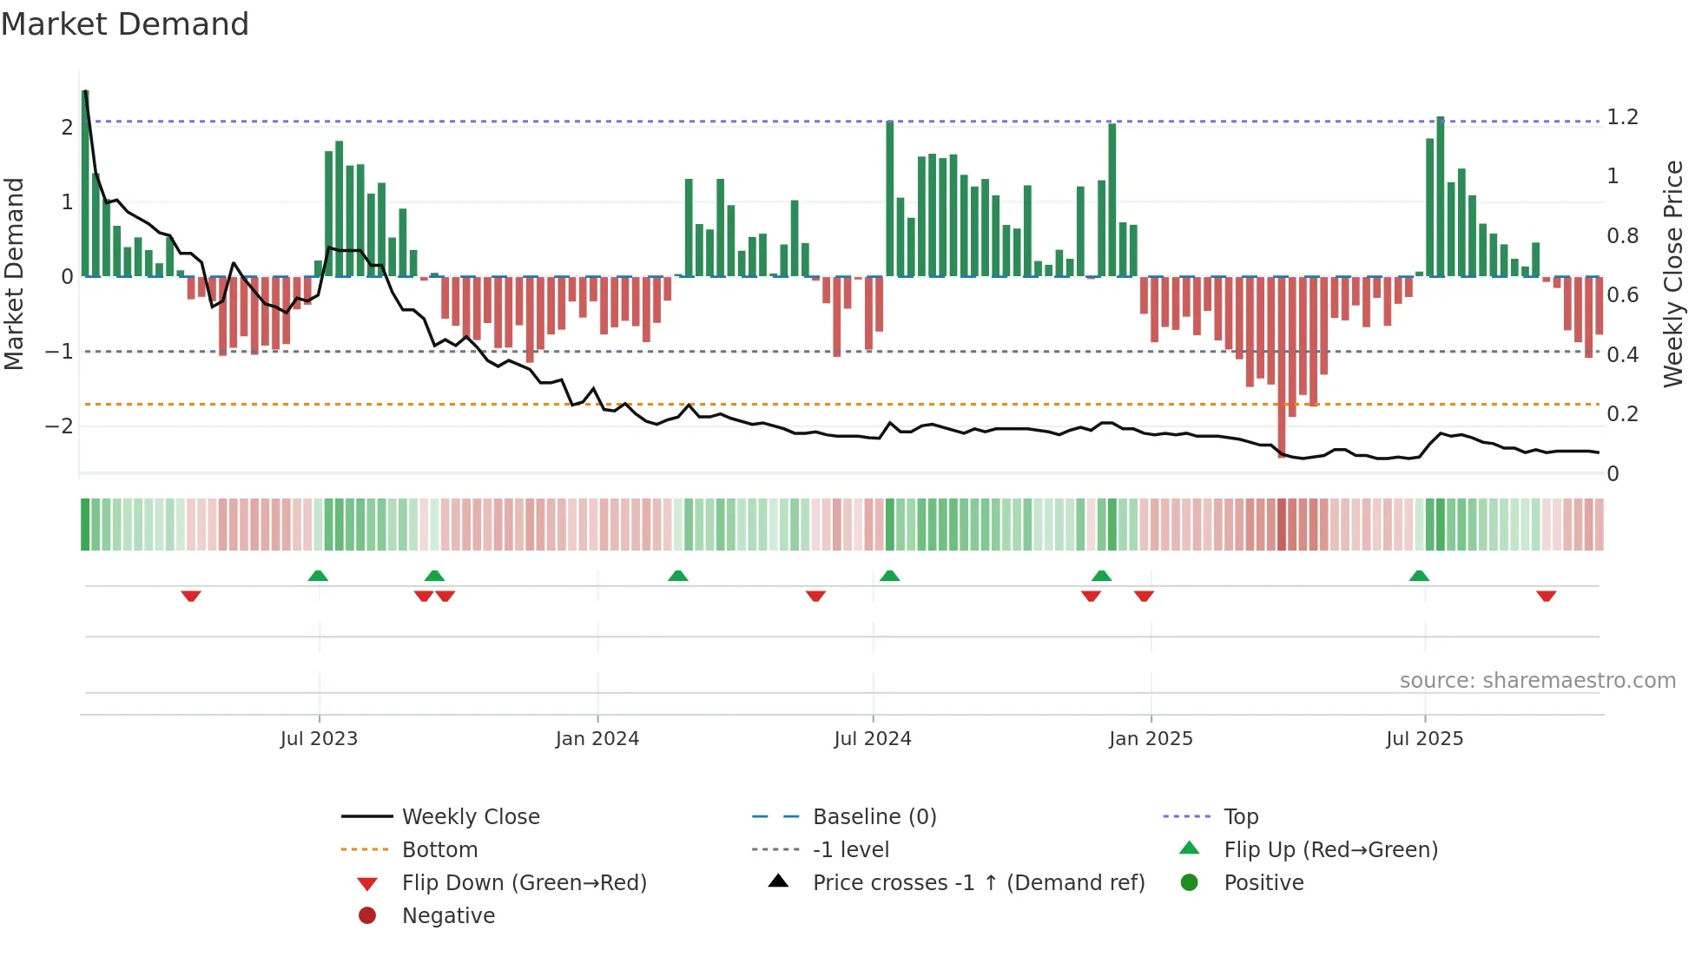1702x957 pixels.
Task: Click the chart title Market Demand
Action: pyautogui.click(x=125, y=24)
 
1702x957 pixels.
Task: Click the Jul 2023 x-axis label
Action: pyautogui.click(x=319, y=739)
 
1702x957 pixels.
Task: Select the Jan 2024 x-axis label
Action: pyautogui.click(x=597, y=739)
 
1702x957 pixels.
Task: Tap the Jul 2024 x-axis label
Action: pyautogui.click(x=873, y=739)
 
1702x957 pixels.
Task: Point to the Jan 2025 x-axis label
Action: pyautogui.click(x=1151, y=739)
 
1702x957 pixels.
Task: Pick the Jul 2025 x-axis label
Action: pyautogui.click(x=1424, y=739)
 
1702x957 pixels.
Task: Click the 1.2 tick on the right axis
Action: pyautogui.click(x=1622, y=117)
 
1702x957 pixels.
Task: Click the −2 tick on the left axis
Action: pyautogui.click(x=59, y=426)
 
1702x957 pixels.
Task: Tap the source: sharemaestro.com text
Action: pyautogui.click(x=1537, y=681)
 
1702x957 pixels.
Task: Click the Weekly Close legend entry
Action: pyautogui.click(x=470, y=817)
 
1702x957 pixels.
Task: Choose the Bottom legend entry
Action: pyautogui.click(x=439, y=850)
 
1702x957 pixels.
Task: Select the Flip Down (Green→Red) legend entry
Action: pyautogui.click(x=524, y=883)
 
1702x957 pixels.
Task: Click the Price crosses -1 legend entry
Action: pyautogui.click(x=978, y=883)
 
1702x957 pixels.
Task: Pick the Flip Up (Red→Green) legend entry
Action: pyautogui.click(x=1330, y=850)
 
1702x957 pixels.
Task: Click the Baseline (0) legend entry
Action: pyautogui.click(x=874, y=817)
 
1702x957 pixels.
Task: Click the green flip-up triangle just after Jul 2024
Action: pyautogui.click(x=890, y=576)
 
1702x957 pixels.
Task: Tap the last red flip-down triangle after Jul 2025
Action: pyautogui.click(x=1546, y=596)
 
